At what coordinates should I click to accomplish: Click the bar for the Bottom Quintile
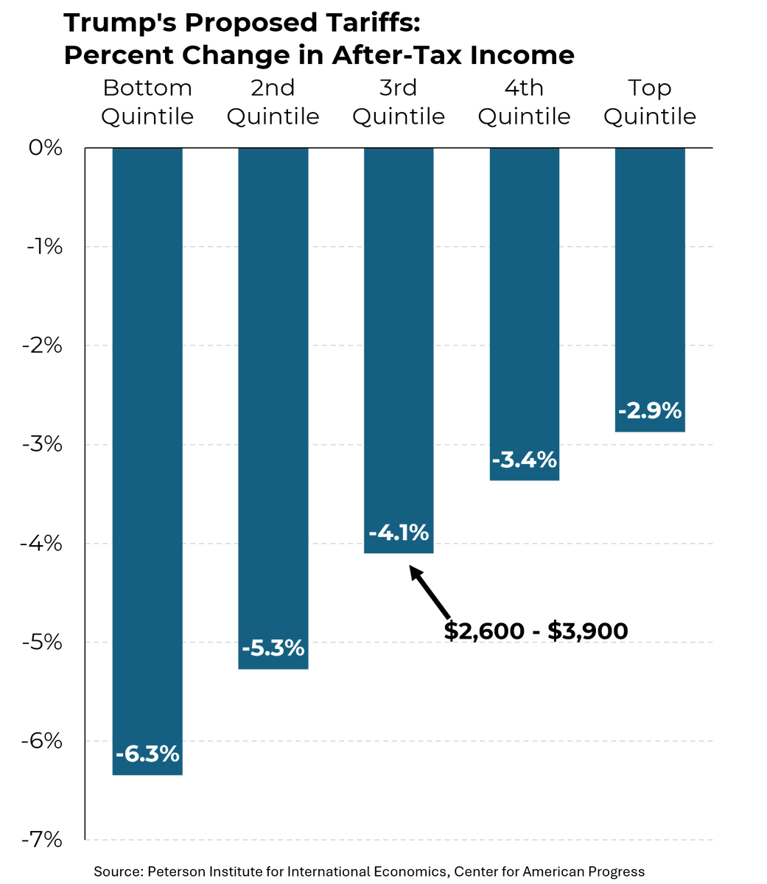coord(147,442)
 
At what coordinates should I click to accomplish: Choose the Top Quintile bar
coord(650,280)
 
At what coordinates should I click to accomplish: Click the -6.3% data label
coord(147,754)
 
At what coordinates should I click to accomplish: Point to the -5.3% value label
coord(273,648)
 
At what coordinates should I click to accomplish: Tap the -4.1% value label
coord(399,532)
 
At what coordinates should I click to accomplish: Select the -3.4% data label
coord(524,460)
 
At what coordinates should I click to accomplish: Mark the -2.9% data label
coord(650,410)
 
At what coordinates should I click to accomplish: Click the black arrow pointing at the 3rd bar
coord(430,592)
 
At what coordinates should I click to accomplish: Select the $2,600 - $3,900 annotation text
coord(536,631)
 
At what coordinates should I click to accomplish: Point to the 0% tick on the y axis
coord(46,148)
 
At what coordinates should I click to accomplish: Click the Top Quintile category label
coord(650,102)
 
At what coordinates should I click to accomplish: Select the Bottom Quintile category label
coord(147,102)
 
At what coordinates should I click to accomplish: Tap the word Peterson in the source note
coord(178,871)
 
